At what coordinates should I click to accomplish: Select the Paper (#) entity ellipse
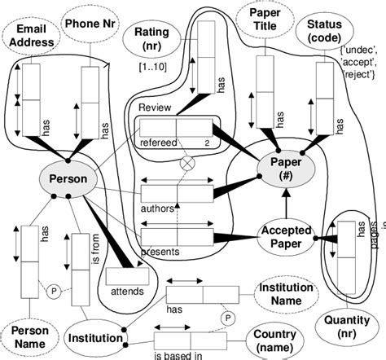[280, 167]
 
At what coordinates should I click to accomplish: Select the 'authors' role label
[158, 209]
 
